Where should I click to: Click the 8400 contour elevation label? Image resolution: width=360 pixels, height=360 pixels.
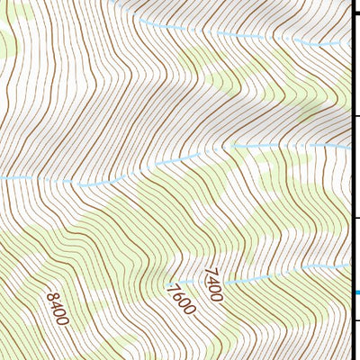[56, 308]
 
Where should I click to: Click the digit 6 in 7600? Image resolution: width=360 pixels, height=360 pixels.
[178, 294]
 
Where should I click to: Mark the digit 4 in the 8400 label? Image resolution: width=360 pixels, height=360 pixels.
[53, 303]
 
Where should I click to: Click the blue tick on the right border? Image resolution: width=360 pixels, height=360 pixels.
[356, 292]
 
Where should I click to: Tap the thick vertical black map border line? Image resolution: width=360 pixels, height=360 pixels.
[351, 180]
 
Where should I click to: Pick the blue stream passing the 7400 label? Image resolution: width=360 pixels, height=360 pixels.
[270, 274]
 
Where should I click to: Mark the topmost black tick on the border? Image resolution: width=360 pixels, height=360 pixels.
[355, 13]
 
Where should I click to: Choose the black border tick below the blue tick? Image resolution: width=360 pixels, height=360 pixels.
[356, 319]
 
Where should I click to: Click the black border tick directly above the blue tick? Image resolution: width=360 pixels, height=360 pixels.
[356, 218]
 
